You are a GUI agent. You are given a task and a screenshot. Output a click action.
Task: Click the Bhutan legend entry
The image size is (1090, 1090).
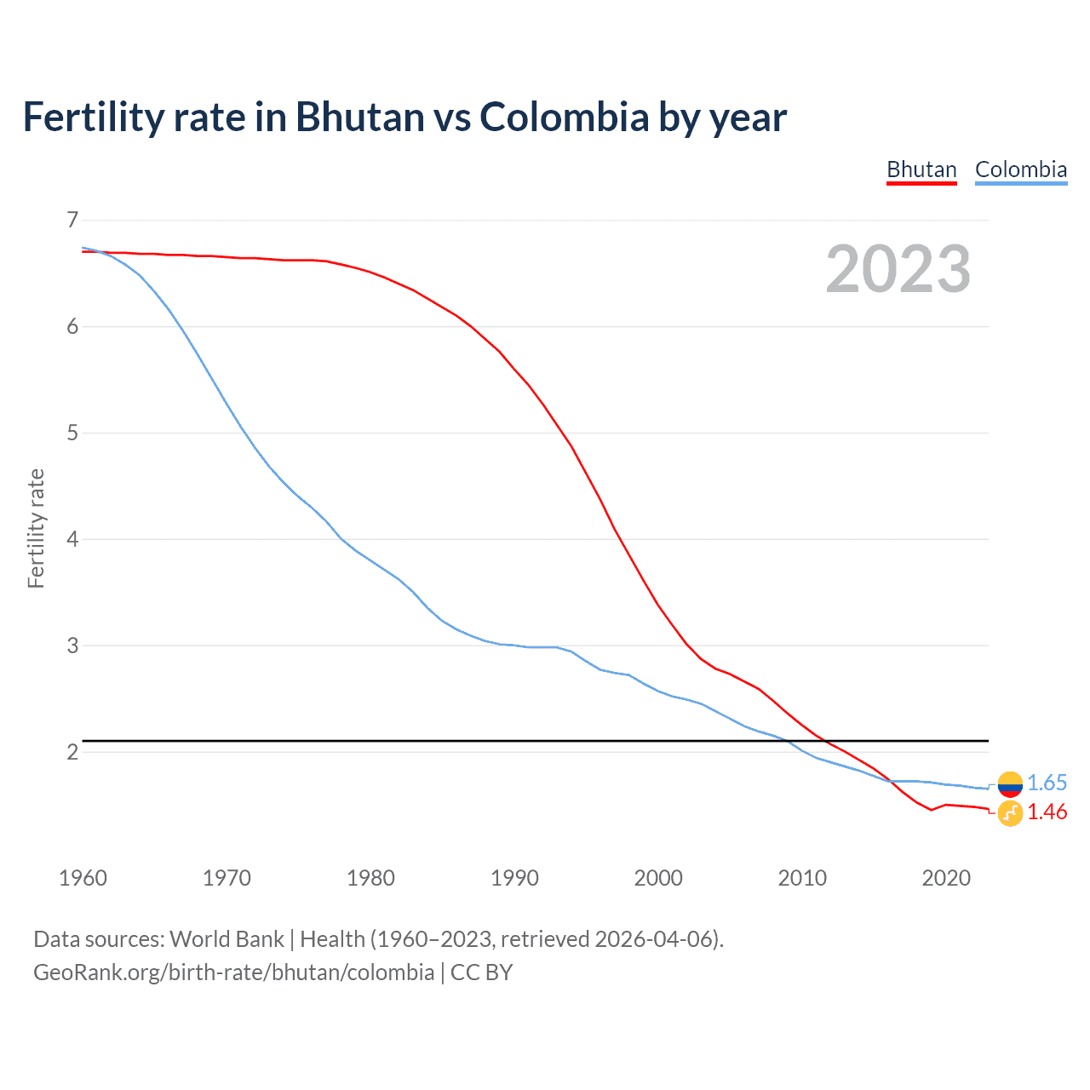(x=921, y=169)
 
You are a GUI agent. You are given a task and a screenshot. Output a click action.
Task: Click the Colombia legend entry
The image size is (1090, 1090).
(x=1020, y=169)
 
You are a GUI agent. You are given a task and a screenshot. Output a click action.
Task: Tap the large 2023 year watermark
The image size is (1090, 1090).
(x=898, y=269)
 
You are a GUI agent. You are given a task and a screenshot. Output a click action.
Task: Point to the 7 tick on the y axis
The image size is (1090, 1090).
(x=72, y=221)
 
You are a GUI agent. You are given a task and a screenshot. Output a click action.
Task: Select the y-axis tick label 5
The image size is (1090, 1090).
(x=72, y=433)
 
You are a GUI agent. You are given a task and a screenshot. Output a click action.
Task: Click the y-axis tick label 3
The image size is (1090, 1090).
(x=72, y=645)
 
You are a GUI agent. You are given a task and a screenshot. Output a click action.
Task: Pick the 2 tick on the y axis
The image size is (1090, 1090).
(x=72, y=752)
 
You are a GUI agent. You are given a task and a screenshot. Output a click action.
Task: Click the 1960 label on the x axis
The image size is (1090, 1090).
(x=83, y=878)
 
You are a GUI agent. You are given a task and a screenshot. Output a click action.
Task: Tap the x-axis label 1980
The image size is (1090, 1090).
(x=370, y=878)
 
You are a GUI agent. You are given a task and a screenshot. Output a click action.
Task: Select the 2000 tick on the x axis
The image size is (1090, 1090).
(x=658, y=878)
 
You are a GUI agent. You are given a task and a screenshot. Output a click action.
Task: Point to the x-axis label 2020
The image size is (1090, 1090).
(x=946, y=878)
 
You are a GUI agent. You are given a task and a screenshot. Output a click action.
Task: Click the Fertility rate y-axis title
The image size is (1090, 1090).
(x=36, y=528)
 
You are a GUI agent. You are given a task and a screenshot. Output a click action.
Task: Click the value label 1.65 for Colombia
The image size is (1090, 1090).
(x=1047, y=783)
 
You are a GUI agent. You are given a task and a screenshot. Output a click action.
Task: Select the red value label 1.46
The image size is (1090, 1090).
(x=1047, y=812)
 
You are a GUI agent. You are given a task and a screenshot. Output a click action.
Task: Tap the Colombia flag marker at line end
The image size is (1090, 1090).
(x=1010, y=783)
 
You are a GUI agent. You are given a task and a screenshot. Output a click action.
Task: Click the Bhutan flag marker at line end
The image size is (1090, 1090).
(x=1010, y=813)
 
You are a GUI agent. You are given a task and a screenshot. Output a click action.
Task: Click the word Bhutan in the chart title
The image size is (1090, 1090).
(x=359, y=117)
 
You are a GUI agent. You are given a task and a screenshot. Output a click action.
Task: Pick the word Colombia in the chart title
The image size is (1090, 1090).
(x=564, y=117)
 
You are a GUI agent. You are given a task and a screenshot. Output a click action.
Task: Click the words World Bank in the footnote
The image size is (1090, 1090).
(x=227, y=939)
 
